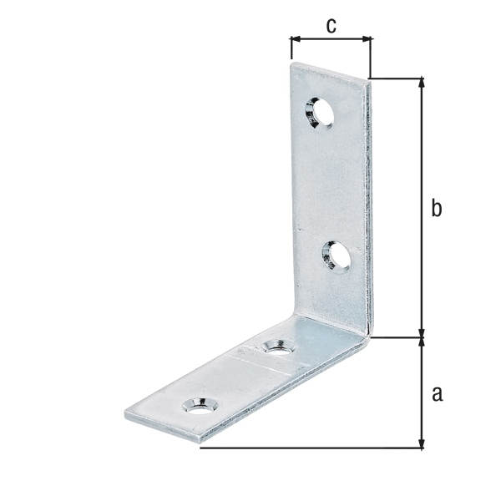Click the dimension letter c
(331, 26)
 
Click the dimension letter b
(436, 209)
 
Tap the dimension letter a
(436, 393)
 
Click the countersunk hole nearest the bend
(276, 346)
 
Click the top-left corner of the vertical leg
(292, 64)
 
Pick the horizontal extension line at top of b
(397, 78)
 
